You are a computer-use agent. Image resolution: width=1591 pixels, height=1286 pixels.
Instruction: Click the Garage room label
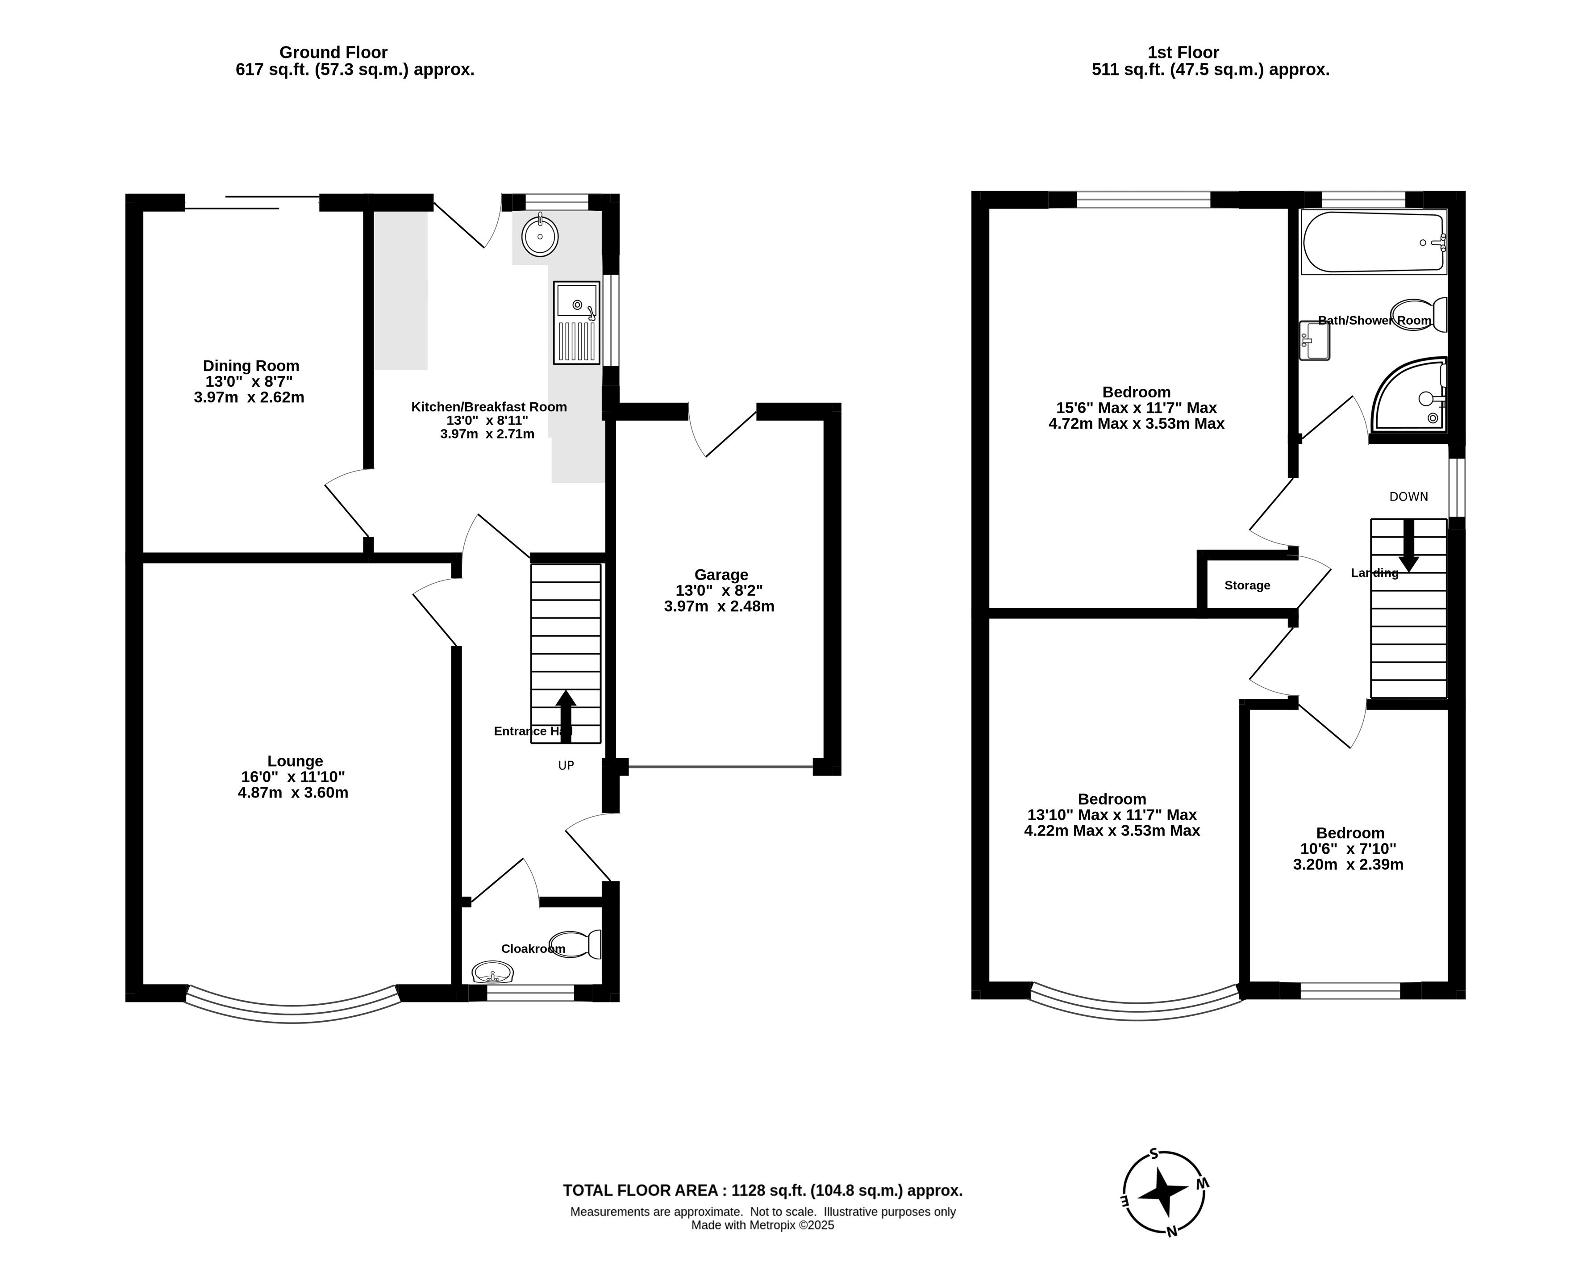click(721, 575)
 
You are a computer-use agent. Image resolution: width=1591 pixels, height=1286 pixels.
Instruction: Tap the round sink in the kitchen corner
click(540, 236)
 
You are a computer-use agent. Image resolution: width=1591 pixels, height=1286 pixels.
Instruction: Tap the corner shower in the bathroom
click(1409, 394)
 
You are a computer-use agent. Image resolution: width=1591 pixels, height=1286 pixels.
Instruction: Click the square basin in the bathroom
click(1315, 341)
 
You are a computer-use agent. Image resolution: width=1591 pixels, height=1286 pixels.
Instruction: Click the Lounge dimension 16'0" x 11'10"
click(293, 777)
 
